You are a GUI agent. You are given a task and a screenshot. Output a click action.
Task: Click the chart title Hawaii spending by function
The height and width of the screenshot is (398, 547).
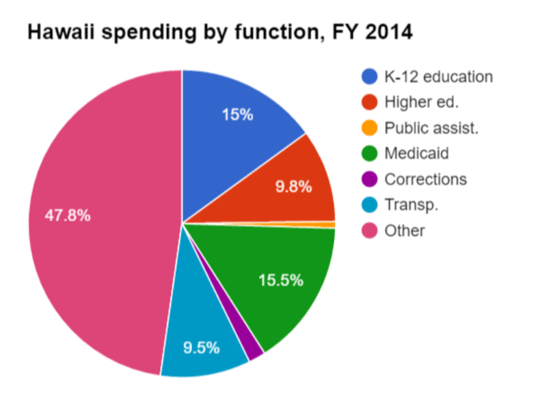(x=219, y=32)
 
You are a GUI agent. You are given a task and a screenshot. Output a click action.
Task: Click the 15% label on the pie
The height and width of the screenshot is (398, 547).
(x=238, y=114)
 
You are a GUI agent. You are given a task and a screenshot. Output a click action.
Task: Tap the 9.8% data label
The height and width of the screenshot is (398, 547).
(x=293, y=186)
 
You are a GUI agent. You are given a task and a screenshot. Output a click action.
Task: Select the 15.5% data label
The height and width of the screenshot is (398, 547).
(x=280, y=280)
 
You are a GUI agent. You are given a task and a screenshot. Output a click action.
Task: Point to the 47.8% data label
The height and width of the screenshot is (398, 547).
(x=68, y=215)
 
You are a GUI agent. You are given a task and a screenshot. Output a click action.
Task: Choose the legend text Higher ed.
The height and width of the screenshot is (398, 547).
(x=421, y=102)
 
